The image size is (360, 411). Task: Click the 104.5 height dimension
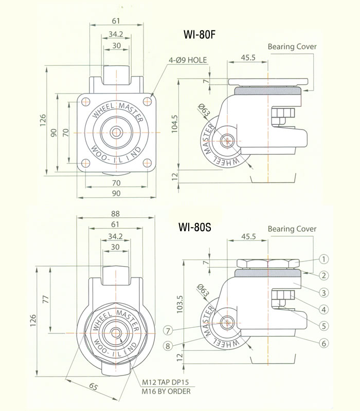(x=176, y=124)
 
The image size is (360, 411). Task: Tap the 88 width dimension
(x=115, y=214)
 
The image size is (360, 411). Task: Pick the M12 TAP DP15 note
(x=166, y=383)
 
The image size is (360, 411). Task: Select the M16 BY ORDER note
(x=166, y=391)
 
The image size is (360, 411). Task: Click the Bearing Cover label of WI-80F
(x=292, y=46)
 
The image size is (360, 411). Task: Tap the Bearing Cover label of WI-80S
(x=292, y=229)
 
